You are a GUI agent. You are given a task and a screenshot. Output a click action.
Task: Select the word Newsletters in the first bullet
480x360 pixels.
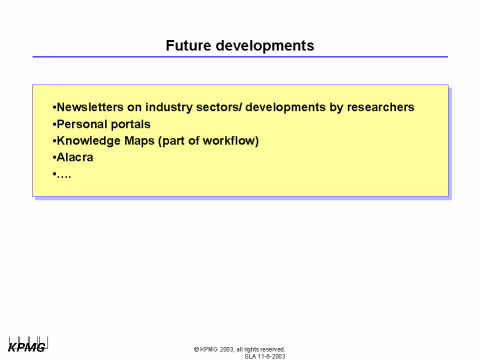coord(91,108)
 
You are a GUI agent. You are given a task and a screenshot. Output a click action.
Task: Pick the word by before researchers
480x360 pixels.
coord(336,108)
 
